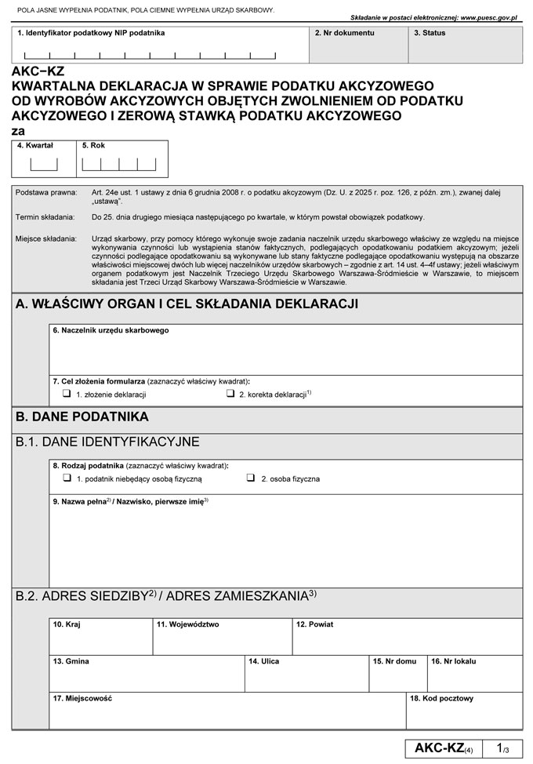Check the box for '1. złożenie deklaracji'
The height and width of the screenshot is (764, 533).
click(67, 394)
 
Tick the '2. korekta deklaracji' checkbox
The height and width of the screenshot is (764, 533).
click(231, 394)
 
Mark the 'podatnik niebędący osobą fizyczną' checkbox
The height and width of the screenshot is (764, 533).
click(67, 478)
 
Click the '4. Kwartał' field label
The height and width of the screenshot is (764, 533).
click(34, 146)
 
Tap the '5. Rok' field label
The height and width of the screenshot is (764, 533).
click(93, 146)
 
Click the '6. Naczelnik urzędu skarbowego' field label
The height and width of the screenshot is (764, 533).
click(111, 330)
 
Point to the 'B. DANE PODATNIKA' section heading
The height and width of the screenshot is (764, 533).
click(82, 417)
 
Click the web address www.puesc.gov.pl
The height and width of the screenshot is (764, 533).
click(479, 16)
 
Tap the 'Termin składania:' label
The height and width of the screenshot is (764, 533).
click(45, 216)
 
